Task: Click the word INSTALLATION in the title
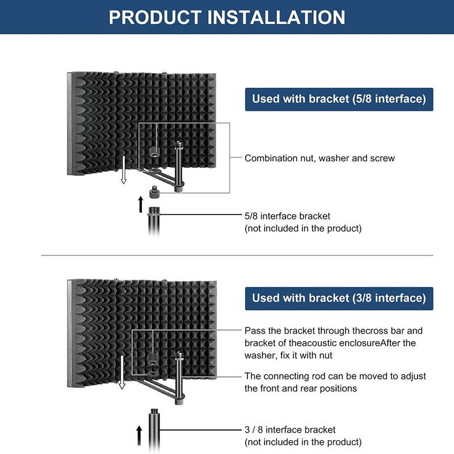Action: click(x=276, y=16)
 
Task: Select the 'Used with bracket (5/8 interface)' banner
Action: click(x=339, y=99)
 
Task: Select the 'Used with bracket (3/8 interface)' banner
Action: click(x=339, y=298)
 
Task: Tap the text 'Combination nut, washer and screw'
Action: click(x=320, y=158)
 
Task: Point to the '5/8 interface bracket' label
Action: click(x=287, y=216)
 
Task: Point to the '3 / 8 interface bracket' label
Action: click(x=290, y=430)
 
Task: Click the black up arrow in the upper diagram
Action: click(x=141, y=203)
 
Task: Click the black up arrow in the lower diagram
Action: click(x=139, y=436)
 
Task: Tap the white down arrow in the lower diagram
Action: click(x=121, y=377)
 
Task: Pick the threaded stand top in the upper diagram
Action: click(x=153, y=212)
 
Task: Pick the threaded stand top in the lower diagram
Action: click(x=152, y=409)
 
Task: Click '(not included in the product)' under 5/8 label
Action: click(x=302, y=229)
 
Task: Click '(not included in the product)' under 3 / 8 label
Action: click(x=302, y=442)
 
